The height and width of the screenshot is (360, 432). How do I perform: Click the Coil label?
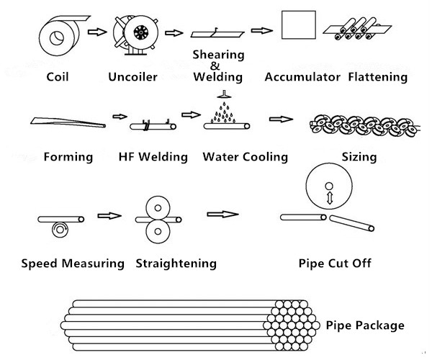[x=57, y=76]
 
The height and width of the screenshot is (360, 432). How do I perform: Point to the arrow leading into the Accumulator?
[x=261, y=31]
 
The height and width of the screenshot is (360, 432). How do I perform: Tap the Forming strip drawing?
[x=67, y=122]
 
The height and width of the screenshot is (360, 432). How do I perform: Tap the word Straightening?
[x=176, y=264]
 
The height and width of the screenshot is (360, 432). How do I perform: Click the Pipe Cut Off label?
[x=335, y=264]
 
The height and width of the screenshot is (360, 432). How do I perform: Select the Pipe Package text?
[x=366, y=325]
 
